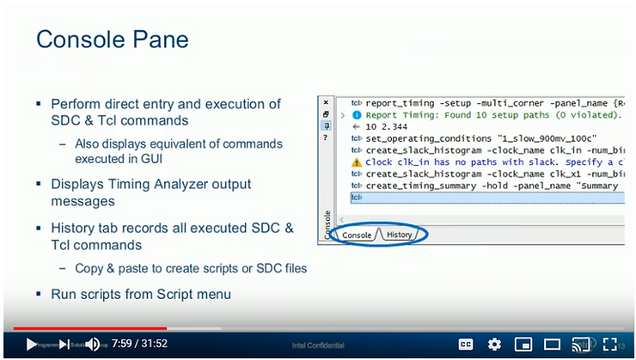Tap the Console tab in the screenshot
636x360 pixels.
click(x=357, y=235)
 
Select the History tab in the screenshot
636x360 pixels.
click(x=399, y=235)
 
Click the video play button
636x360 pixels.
click(x=32, y=345)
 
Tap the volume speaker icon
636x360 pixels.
click(x=92, y=345)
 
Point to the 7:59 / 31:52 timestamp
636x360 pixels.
click(x=139, y=344)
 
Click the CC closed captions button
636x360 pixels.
click(x=466, y=344)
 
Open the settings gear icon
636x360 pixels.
click(x=494, y=344)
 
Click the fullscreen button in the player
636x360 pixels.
click(x=611, y=344)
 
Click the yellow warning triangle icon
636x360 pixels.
click(x=357, y=162)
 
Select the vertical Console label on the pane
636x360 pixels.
click(x=326, y=225)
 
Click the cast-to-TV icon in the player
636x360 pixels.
click(x=582, y=344)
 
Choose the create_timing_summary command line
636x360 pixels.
click(x=491, y=186)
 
